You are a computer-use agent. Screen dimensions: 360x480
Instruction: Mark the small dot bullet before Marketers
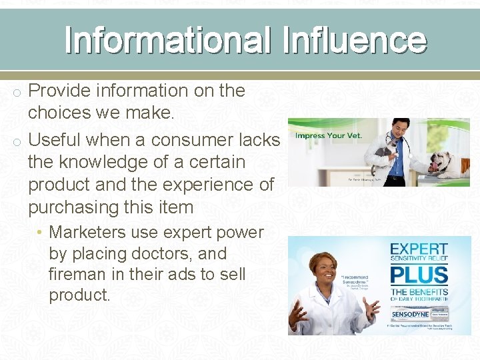pyautogui.click(x=41, y=233)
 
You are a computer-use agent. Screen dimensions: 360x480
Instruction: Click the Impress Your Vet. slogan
pyautogui.click(x=329, y=136)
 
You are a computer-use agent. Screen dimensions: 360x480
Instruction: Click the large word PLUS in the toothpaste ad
pyautogui.click(x=419, y=275)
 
